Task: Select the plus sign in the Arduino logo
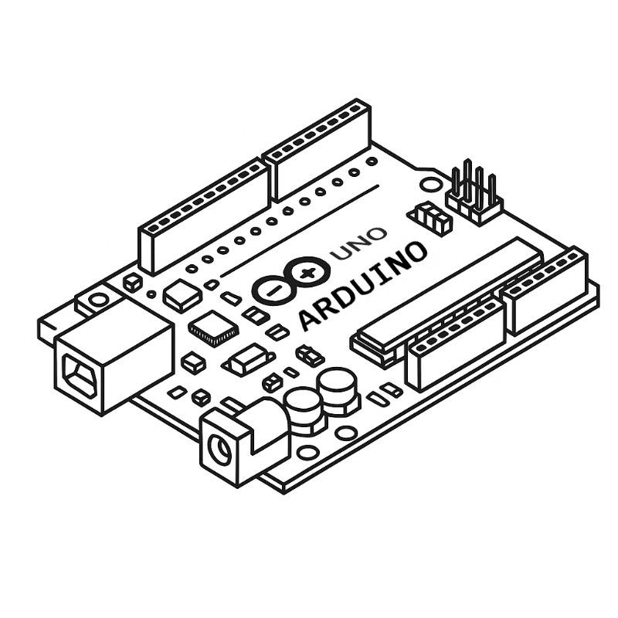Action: coord(309,272)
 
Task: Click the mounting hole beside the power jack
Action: coord(308,454)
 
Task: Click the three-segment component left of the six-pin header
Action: coord(433,217)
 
